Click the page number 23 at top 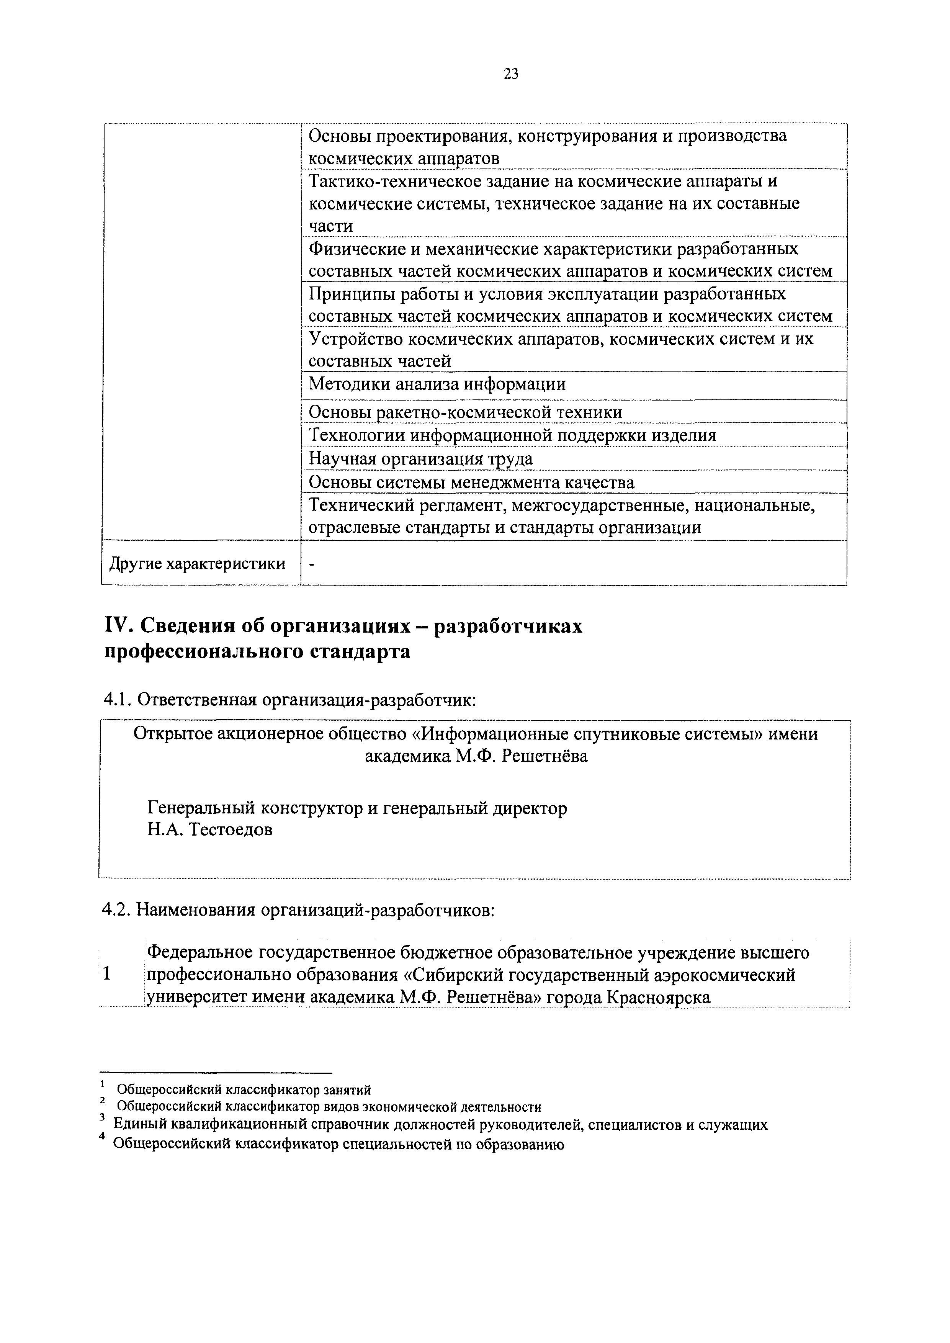[510, 74]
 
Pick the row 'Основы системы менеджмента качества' [471, 483]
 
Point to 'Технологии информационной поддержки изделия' [512, 435]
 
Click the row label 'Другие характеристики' [198, 563]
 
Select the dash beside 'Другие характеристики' [312, 564]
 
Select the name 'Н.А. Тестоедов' [210, 829]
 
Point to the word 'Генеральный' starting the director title [201, 808]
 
